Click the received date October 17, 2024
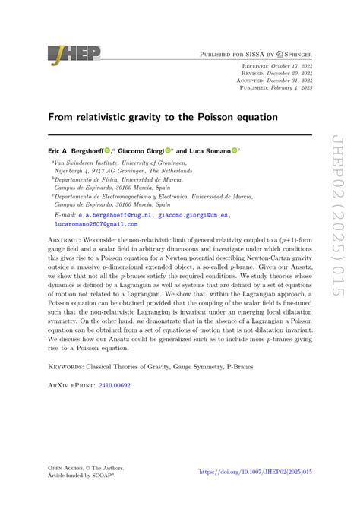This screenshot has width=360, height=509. [x=290, y=67]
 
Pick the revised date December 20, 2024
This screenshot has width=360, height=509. [x=290, y=74]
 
